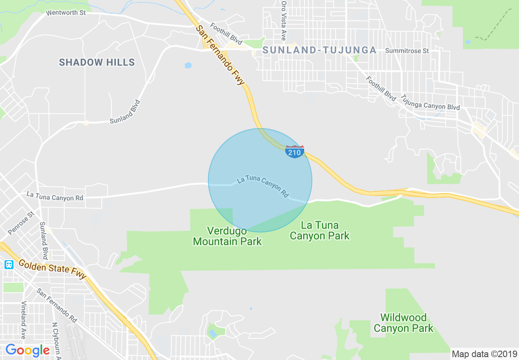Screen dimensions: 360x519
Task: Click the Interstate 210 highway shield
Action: click(x=295, y=152)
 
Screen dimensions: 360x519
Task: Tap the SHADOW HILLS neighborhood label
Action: click(x=97, y=62)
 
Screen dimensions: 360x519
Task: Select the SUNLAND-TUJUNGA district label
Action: click(x=319, y=50)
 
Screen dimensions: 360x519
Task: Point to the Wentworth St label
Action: click(x=66, y=13)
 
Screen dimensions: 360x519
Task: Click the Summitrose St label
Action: click(x=407, y=51)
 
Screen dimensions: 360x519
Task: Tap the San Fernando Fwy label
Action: click(x=220, y=55)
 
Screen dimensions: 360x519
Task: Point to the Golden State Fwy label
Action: click(x=52, y=270)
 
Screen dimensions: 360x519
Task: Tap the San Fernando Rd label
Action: click(x=56, y=305)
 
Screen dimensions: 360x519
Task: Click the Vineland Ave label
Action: click(x=23, y=320)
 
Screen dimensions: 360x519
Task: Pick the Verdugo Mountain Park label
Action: click(x=227, y=236)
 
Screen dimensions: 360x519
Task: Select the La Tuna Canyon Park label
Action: click(x=320, y=230)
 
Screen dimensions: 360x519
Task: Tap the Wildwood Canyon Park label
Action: click(x=403, y=323)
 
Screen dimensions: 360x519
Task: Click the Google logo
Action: click(x=27, y=350)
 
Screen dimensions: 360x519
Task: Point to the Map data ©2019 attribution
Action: click(x=484, y=353)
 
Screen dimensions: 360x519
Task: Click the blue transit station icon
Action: click(x=9, y=264)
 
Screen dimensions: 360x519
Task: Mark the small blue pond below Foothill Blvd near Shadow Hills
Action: click(x=188, y=65)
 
